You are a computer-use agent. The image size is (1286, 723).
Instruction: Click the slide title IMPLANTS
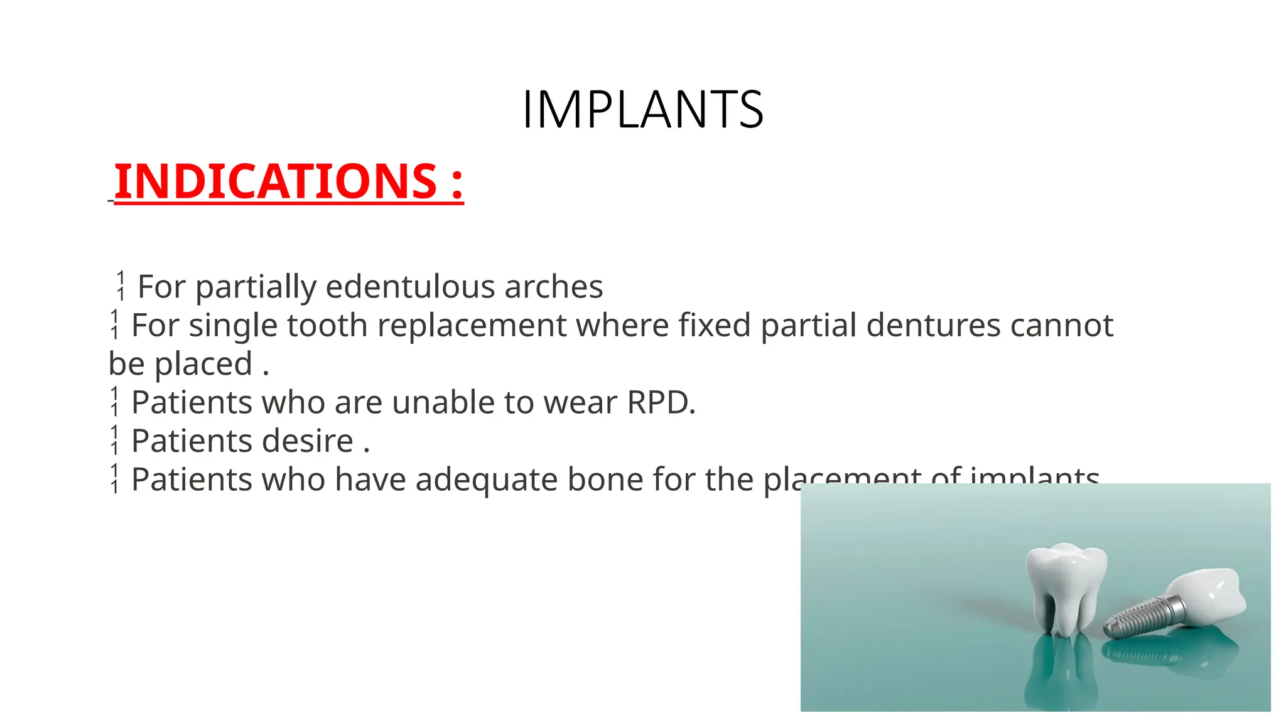tap(642, 110)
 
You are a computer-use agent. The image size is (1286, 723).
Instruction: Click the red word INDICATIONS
tap(275, 181)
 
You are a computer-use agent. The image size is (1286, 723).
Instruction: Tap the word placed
tap(203, 364)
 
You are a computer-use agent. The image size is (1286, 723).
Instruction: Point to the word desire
tap(308, 441)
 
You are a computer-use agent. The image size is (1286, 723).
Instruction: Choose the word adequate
tap(486, 479)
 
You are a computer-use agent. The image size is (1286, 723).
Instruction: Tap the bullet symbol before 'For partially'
tap(121, 286)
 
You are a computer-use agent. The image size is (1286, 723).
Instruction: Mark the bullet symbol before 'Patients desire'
tap(114, 440)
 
